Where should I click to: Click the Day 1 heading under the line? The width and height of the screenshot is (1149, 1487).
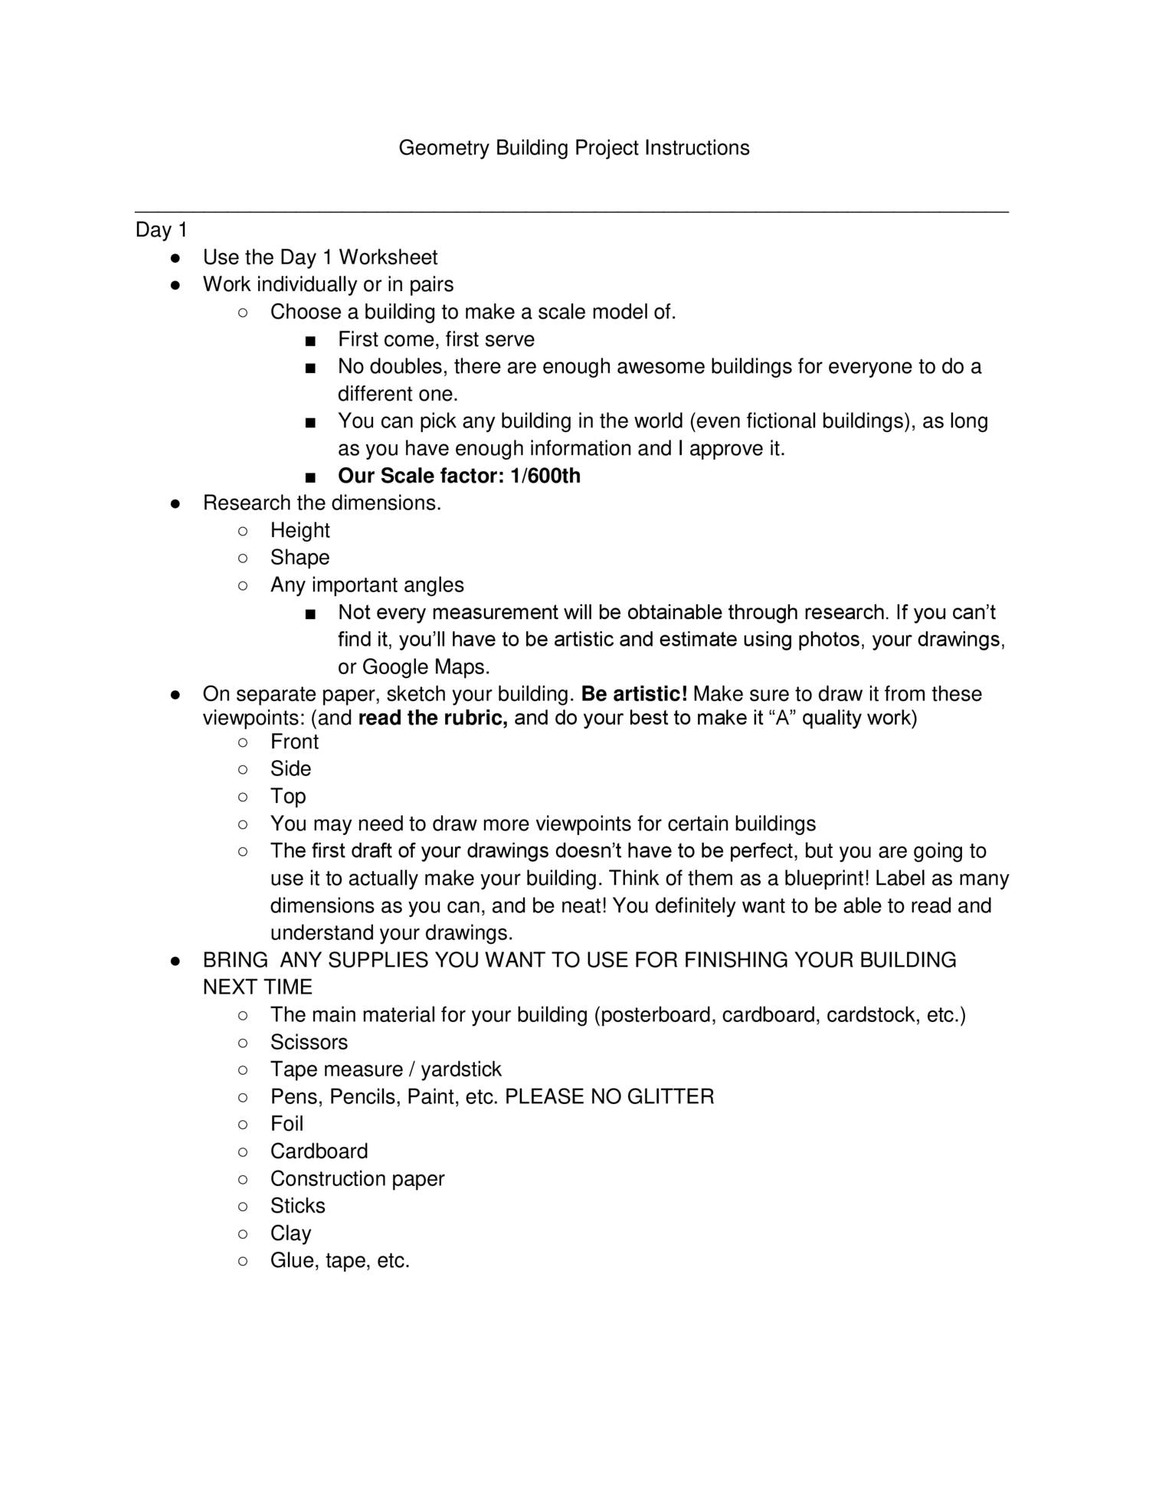tap(161, 230)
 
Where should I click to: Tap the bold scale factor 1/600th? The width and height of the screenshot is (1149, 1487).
tap(545, 476)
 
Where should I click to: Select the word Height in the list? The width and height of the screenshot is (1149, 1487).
tap(300, 530)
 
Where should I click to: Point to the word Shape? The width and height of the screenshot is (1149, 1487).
tap(300, 558)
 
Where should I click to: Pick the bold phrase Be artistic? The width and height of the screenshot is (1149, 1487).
tap(634, 694)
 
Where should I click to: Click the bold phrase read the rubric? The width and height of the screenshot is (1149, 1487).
tap(433, 718)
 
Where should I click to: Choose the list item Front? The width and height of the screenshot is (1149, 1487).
tap(294, 742)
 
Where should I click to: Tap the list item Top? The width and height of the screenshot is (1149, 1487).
tap(288, 796)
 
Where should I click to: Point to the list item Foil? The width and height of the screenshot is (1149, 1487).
tap(286, 1124)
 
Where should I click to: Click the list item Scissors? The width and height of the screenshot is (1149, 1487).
tap(309, 1042)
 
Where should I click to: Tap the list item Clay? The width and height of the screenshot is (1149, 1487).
tap(290, 1233)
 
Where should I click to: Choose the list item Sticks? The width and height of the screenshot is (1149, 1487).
tap(297, 1206)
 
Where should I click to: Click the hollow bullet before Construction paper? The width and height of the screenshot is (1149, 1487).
tap(242, 1179)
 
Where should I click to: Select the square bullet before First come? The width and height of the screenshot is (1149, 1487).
tap(309, 340)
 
